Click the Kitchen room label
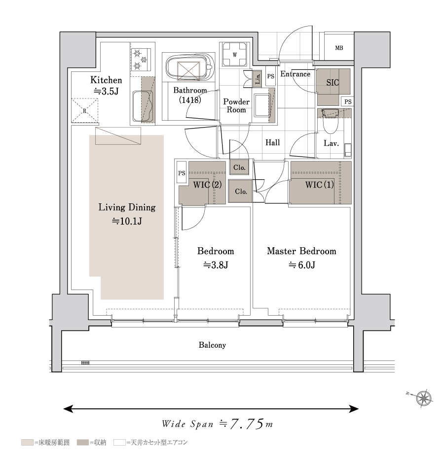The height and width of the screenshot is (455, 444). point(106,80)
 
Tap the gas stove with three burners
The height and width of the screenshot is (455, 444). point(141,60)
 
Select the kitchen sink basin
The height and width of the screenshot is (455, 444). point(143,106)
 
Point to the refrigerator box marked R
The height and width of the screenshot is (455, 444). point(85,111)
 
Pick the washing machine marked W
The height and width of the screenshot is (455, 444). point(235,55)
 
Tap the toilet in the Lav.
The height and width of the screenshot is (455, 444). point(331,121)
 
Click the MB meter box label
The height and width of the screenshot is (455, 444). point(339,48)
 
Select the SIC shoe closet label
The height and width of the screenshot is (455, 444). point(333,83)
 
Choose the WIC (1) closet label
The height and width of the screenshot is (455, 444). point(320,185)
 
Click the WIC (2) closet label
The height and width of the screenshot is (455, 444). point(207,185)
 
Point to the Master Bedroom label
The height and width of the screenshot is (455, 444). point(301,251)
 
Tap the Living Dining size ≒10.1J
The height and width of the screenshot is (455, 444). point(127,222)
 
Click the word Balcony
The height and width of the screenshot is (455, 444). point(212,345)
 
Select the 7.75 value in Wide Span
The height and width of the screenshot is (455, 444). point(247,424)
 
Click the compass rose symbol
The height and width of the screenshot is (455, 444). point(424,398)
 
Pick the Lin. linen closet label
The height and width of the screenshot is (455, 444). point(258,79)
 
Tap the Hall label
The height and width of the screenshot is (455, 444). point(273,142)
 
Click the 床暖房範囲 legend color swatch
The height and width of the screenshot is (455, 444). point(27,443)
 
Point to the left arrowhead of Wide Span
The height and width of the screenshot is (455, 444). point(68,409)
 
